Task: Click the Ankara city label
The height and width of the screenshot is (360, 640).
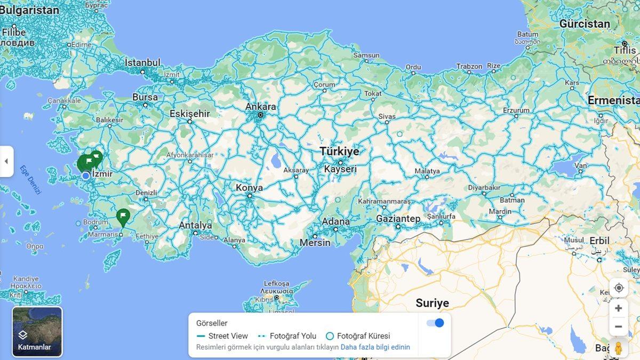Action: pyautogui.click(x=261, y=107)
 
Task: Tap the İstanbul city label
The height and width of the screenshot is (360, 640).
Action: pyautogui.click(x=142, y=63)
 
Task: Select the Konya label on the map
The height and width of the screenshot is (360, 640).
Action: pyautogui.click(x=249, y=188)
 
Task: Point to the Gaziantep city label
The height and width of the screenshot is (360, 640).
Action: pyautogui.click(x=398, y=219)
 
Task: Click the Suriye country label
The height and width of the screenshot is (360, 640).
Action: pyautogui.click(x=432, y=303)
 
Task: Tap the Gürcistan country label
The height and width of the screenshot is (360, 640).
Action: pyautogui.click(x=585, y=24)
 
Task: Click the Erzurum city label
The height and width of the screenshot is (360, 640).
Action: pyautogui.click(x=516, y=110)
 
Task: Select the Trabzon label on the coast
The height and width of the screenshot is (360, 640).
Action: pyautogui.click(x=469, y=67)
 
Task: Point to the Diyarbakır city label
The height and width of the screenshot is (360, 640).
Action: pyautogui.click(x=484, y=187)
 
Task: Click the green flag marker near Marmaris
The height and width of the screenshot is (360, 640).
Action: pyautogui.click(x=123, y=217)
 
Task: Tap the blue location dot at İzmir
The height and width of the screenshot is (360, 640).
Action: pyautogui.click(x=86, y=175)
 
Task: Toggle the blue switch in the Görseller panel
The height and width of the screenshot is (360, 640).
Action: pyautogui.click(x=435, y=323)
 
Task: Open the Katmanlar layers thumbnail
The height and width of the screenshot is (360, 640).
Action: pyautogui.click(x=37, y=331)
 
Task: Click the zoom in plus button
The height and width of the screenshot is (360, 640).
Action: pyautogui.click(x=619, y=308)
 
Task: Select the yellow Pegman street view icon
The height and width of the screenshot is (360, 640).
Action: pyautogui.click(x=619, y=348)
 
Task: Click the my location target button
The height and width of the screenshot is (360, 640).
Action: pyautogui.click(x=619, y=288)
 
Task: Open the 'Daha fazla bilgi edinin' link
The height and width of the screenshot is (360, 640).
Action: pyautogui.click(x=375, y=347)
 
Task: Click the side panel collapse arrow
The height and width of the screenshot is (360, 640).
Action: pyautogui.click(x=6, y=161)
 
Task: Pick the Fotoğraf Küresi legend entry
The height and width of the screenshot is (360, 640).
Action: pyautogui.click(x=358, y=336)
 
